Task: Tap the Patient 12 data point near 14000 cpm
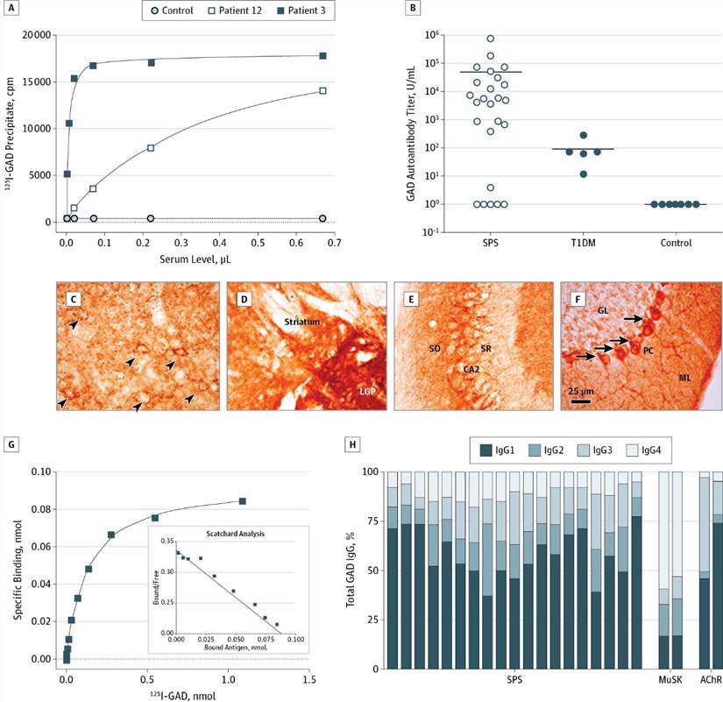[x=323, y=90]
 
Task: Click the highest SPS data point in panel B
[x=491, y=39]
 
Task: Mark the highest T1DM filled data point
[x=583, y=136]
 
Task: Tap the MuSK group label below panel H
[x=670, y=681]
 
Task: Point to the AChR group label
[x=710, y=681]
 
